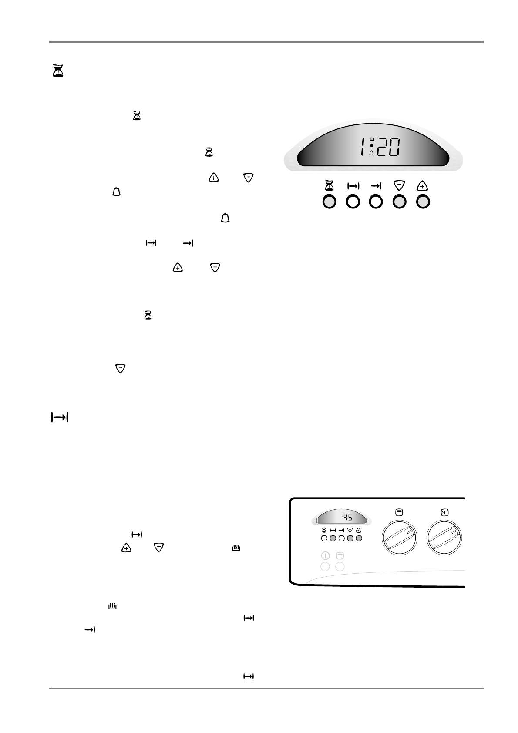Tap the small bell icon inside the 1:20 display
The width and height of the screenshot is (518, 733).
click(x=371, y=153)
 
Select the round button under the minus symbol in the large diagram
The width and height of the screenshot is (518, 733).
click(x=400, y=202)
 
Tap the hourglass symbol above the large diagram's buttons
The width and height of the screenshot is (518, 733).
click(x=330, y=186)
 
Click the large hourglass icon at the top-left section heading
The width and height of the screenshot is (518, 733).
click(x=57, y=71)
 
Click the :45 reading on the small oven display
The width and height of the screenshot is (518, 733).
click(x=346, y=518)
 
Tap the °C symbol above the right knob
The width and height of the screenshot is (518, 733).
click(x=444, y=513)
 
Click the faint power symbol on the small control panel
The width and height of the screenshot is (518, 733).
click(x=325, y=556)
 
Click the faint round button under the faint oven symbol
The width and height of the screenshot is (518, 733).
click(x=340, y=566)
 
